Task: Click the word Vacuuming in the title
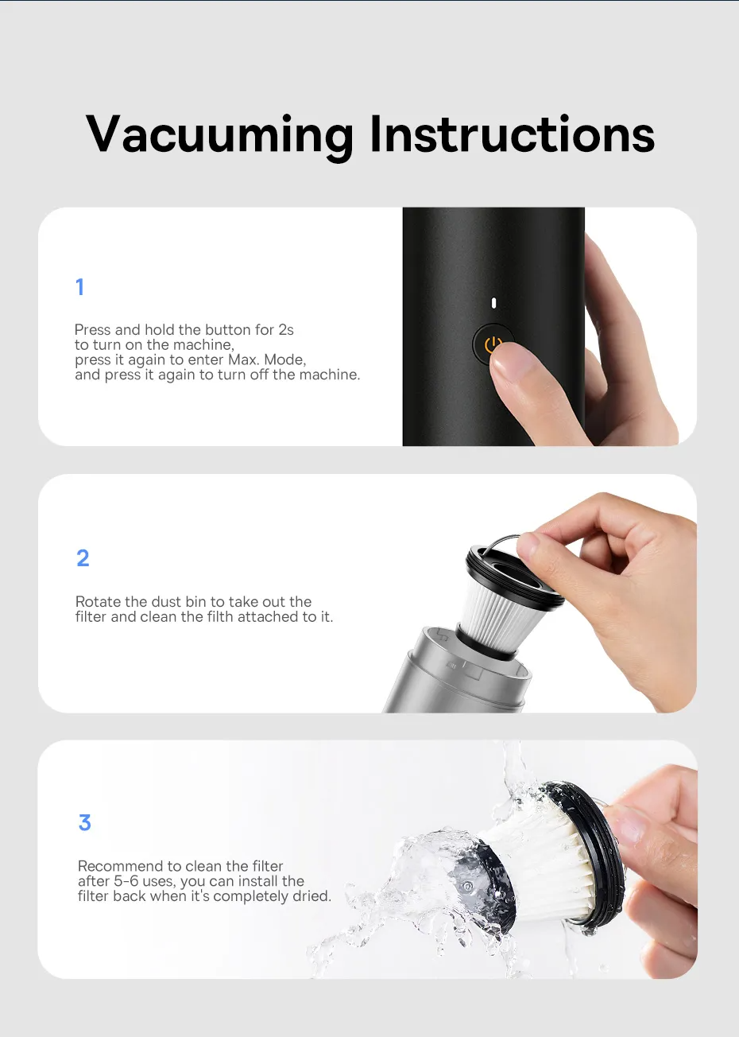tap(219, 134)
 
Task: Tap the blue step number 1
tap(79, 287)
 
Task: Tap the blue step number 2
tap(83, 558)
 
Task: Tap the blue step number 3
tap(84, 822)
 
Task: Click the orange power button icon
tap(493, 344)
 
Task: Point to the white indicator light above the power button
tap(493, 303)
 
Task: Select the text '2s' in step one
tap(285, 329)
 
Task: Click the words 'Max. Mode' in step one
tap(266, 359)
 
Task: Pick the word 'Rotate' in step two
tap(99, 602)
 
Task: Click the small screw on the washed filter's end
tap(466, 884)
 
